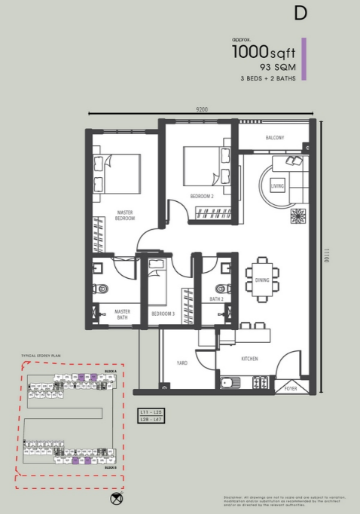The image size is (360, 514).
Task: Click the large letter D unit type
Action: [301, 14]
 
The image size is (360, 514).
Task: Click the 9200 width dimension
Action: [202, 109]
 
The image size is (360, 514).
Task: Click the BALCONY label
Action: [275, 138]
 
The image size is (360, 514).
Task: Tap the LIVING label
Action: [277, 185]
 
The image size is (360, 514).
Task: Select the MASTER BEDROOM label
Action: [125, 216]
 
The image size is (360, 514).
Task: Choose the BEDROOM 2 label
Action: [201, 197]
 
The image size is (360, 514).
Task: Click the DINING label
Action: [263, 280]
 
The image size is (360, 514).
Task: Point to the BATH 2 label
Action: [217, 299]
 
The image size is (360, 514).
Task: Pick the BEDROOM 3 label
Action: [163, 313]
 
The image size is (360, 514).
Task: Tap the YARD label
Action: [182, 363]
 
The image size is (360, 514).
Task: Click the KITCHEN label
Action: [250, 359]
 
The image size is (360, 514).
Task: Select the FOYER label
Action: [291, 389]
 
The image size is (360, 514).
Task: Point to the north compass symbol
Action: [116, 498]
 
